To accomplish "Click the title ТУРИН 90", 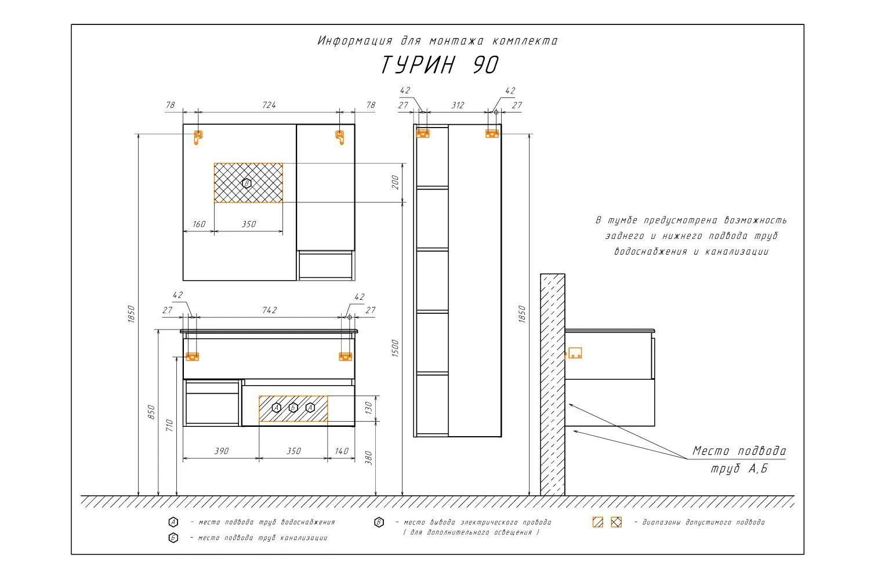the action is [440, 65].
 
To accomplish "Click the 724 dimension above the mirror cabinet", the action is [269, 105].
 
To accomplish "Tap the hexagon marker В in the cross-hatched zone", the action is [246, 183].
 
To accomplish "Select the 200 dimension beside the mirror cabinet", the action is [395, 183].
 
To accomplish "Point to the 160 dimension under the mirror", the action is [199, 224].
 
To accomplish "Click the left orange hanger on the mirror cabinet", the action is [198, 137].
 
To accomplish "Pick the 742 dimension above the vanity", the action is [270, 310].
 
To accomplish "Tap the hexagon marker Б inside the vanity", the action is [293, 408].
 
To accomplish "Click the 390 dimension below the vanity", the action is [222, 451].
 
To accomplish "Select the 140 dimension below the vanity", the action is [342, 451].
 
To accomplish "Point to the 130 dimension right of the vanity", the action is [368, 408].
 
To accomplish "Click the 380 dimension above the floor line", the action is [368, 458].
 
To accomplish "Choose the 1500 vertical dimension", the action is [395, 348].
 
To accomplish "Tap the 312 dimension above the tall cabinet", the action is [458, 106].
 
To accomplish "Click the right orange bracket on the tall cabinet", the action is [492, 133].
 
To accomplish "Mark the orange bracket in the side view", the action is [575, 353].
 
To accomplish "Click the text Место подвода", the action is [739, 451].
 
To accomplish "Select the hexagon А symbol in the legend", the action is [173, 522].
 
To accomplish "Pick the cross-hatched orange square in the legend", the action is [617, 522].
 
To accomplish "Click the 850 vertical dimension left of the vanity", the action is [151, 412].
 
